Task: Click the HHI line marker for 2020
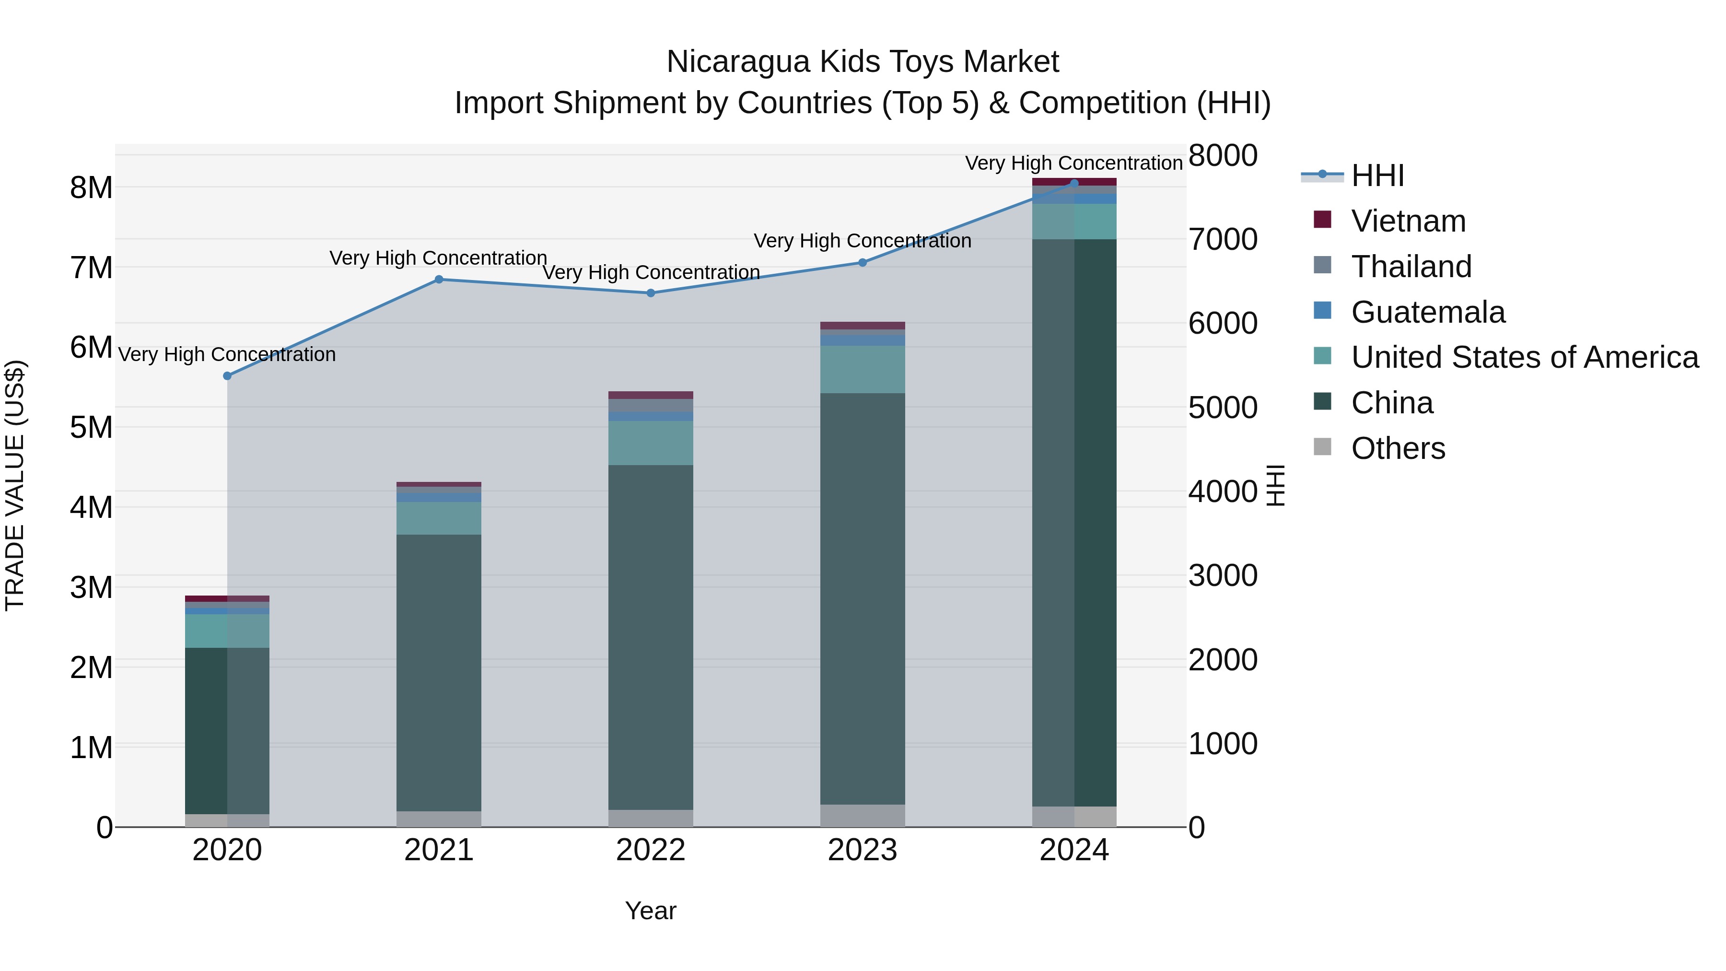227,376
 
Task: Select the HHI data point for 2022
651,293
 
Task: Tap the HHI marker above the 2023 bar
863,263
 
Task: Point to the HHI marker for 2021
439,280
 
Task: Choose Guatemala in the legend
1427,312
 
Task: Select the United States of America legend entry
1524,357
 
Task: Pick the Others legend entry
1398,448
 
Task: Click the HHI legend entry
1377,175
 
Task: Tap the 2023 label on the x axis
863,850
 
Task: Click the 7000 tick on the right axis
1223,239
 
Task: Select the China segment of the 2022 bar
651,637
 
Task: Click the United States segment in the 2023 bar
863,369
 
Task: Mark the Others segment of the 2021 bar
439,819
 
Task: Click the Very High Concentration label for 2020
227,354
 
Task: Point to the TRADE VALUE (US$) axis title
15,485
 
